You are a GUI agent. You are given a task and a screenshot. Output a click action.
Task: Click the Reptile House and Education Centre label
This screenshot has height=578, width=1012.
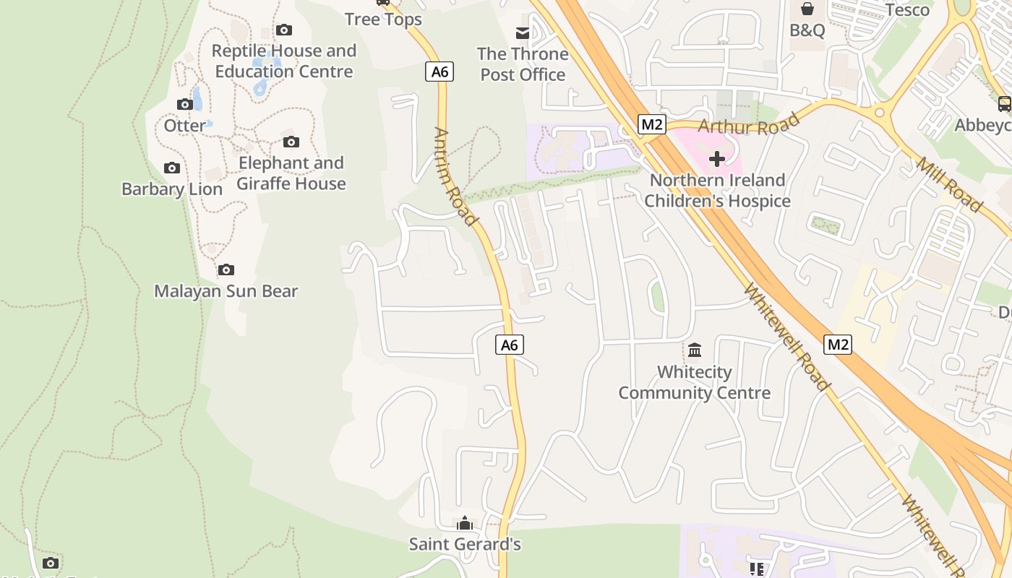[x=284, y=61]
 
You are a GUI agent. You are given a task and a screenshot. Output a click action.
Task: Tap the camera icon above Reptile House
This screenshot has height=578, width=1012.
[x=284, y=30]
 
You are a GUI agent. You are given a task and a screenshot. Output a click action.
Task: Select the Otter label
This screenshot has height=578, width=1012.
[x=184, y=126]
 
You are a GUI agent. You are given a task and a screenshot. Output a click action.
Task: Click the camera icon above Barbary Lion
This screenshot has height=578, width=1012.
[x=172, y=168]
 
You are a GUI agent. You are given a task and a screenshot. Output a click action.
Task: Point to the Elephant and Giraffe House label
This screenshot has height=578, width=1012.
[x=291, y=173]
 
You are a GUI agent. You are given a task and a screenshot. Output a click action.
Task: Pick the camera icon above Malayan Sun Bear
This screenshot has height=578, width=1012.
[x=226, y=270]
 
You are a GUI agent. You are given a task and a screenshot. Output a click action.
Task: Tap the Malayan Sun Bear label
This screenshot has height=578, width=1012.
[x=226, y=291]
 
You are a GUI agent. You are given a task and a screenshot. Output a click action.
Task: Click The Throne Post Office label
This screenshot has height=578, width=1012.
[x=523, y=64]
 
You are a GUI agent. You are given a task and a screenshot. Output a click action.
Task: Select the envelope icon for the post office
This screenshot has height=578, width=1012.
[x=523, y=33]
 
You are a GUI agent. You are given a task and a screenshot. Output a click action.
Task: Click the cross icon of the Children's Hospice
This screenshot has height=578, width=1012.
[x=717, y=159]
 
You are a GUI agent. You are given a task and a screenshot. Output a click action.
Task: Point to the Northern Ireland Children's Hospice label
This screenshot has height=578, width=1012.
[x=717, y=191]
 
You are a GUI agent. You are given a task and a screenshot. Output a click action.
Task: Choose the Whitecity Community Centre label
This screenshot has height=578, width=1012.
[x=694, y=383]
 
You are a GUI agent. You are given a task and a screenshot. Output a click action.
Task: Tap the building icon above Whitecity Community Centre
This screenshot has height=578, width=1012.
[x=695, y=350]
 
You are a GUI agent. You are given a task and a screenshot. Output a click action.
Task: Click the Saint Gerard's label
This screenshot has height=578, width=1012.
[x=465, y=544]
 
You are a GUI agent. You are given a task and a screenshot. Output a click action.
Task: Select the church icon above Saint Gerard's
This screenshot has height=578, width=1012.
[x=465, y=523]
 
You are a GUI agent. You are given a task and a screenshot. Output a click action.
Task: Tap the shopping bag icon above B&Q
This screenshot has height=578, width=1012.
[x=807, y=9]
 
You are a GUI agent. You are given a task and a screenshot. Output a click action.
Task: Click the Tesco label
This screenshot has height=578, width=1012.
[x=907, y=9]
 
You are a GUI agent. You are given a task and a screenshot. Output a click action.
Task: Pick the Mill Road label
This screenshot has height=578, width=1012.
[x=949, y=184]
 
